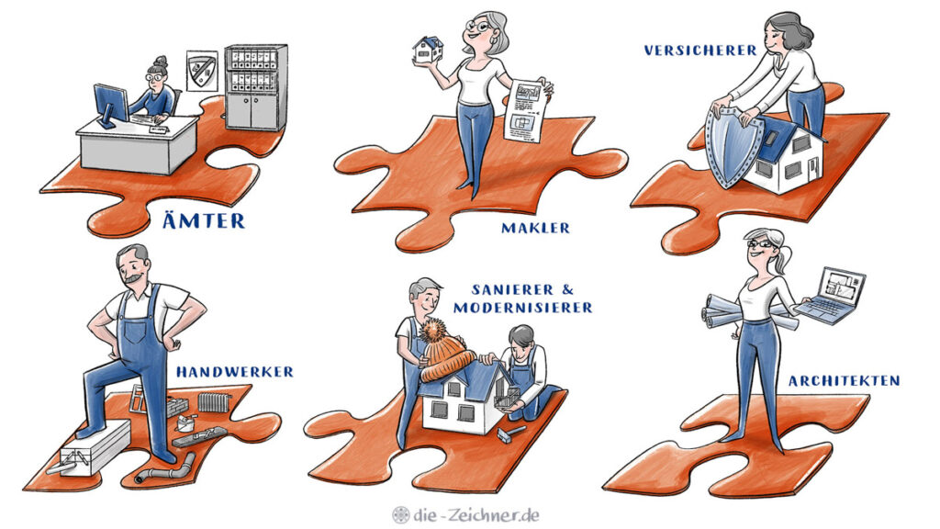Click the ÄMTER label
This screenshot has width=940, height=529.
click(x=204, y=219)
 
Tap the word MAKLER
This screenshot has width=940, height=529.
click(x=535, y=228)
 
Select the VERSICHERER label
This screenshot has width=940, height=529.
click(x=700, y=51)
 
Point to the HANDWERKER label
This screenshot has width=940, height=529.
click(x=235, y=372)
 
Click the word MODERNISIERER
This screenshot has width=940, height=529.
click(x=522, y=308)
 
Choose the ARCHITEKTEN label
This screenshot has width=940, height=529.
click(x=845, y=381)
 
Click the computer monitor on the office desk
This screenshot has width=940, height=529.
click(x=110, y=105)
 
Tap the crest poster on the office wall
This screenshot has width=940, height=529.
click(x=201, y=71)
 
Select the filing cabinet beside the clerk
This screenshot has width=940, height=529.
click(x=255, y=87)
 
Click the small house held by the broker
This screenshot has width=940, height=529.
click(x=428, y=50)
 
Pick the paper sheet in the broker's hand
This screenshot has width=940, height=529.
click(x=526, y=111)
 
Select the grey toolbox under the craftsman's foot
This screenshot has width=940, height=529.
click(x=95, y=448)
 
